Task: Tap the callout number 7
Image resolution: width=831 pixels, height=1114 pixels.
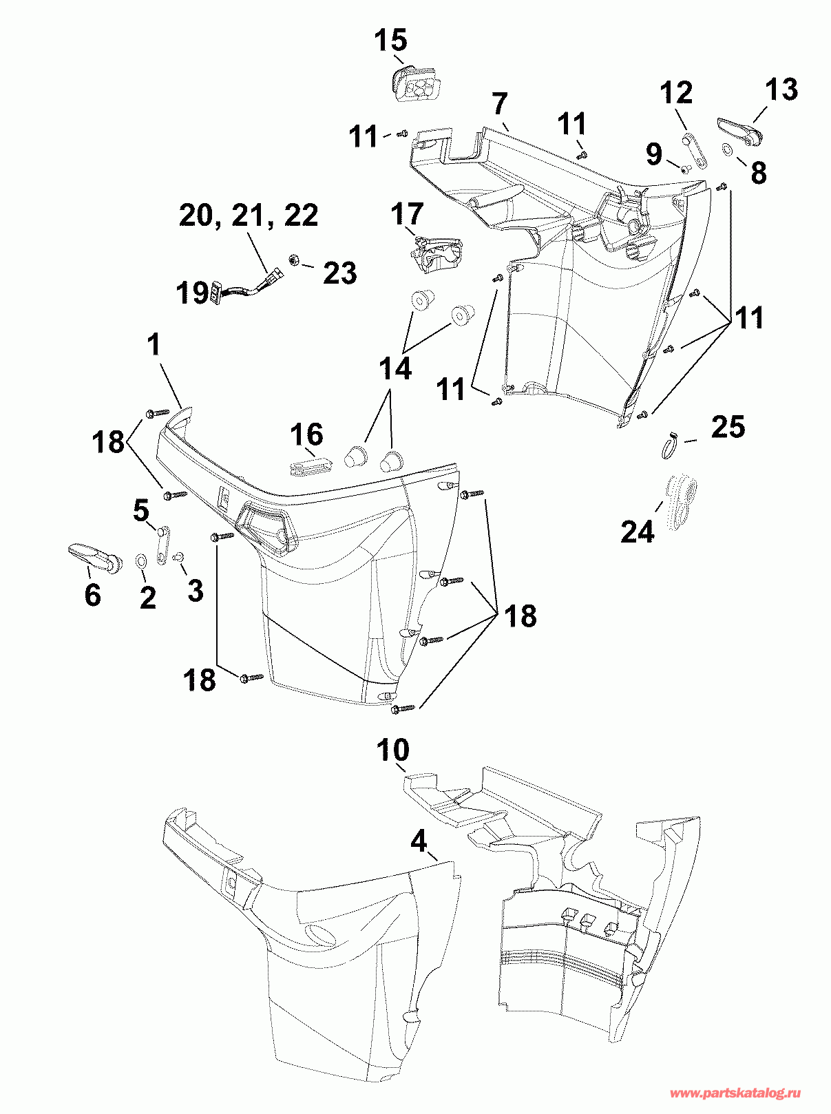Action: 500,104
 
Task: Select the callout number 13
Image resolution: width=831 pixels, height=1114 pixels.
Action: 781,90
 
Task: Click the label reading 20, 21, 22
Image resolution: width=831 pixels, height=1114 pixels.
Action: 249,216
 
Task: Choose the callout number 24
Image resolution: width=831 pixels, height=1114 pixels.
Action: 638,532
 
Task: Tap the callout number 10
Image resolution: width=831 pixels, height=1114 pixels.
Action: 392,750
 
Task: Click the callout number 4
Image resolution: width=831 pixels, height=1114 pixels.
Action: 419,843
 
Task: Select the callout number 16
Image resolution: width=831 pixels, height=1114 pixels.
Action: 307,434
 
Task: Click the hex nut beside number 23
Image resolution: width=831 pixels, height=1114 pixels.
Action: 293,260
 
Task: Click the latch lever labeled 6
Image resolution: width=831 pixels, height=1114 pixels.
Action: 95,555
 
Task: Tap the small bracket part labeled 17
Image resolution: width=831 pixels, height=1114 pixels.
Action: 433,255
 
